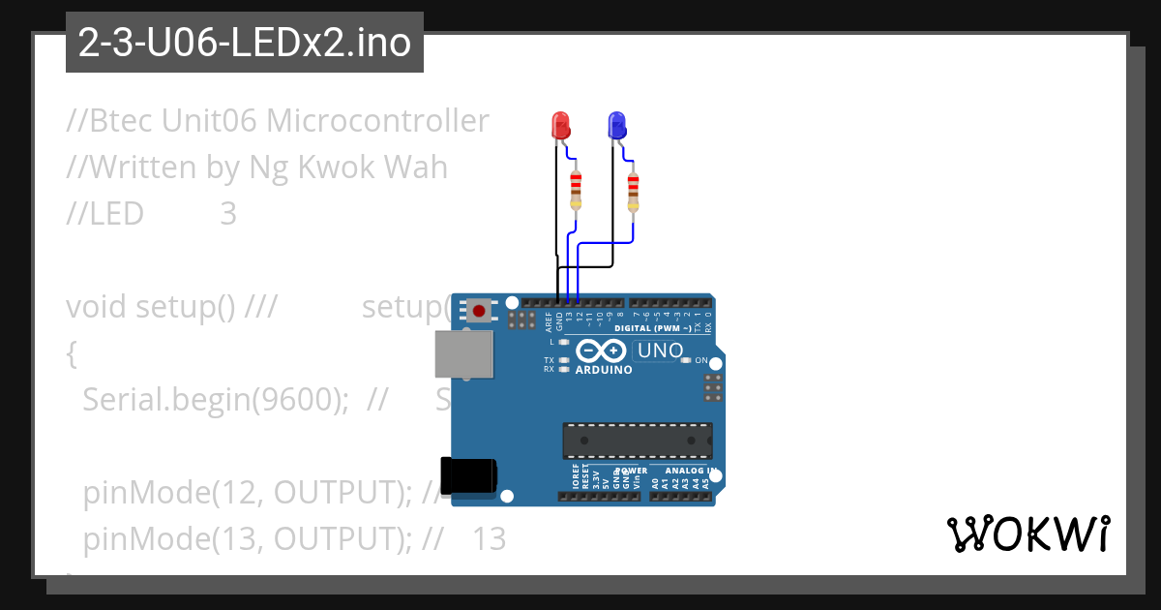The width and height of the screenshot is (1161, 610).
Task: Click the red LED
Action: (x=560, y=125)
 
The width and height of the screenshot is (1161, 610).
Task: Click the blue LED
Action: (x=616, y=125)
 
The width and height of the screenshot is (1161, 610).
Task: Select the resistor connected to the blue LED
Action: (x=633, y=191)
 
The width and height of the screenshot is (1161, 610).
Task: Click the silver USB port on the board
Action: (x=463, y=354)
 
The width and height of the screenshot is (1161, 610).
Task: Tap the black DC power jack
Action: (x=468, y=474)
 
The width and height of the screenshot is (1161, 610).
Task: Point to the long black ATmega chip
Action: (x=638, y=440)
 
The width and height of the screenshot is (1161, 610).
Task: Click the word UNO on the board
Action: (x=661, y=351)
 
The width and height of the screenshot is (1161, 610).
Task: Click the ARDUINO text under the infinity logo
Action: (x=604, y=370)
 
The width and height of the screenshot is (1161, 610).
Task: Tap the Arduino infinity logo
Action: (x=603, y=351)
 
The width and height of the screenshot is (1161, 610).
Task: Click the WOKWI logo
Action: (x=1027, y=534)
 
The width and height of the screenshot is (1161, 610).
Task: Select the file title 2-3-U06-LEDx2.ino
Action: (x=244, y=43)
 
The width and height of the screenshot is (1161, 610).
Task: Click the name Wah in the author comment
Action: (x=416, y=168)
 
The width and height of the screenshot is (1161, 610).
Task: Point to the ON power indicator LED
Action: (x=686, y=360)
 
